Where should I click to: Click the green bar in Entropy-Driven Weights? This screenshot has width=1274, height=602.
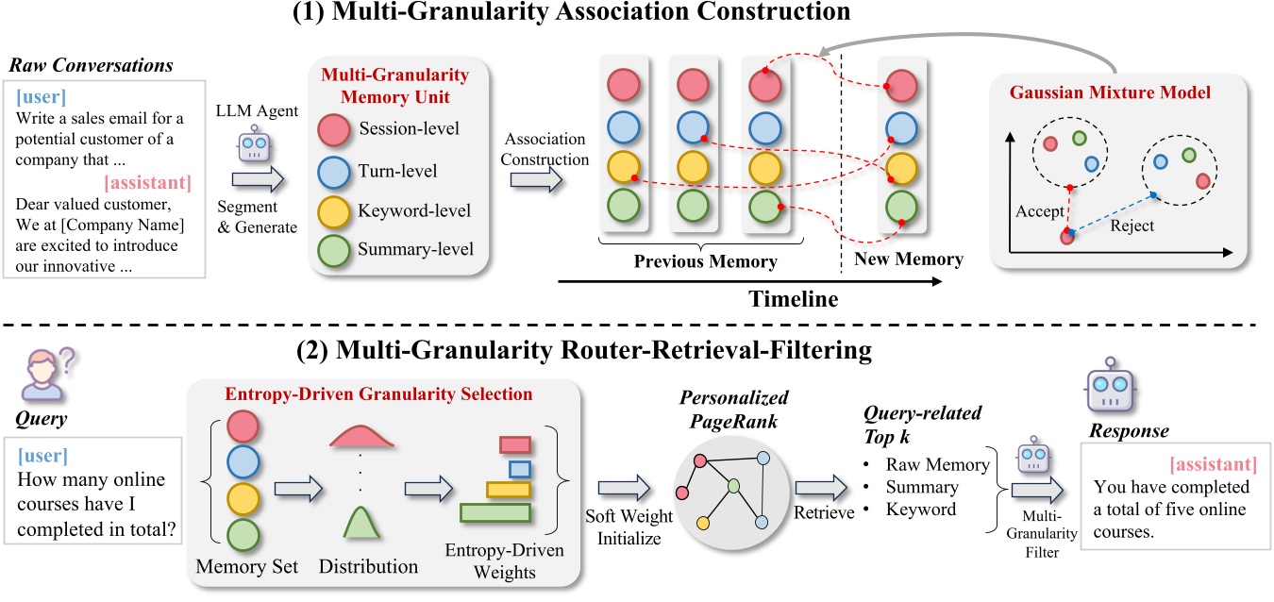pyautogui.click(x=495, y=512)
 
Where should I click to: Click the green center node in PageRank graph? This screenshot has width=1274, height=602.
pyautogui.click(x=732, y=487)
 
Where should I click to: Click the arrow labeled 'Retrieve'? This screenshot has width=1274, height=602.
pyautogui.click(x=814, y=486)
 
